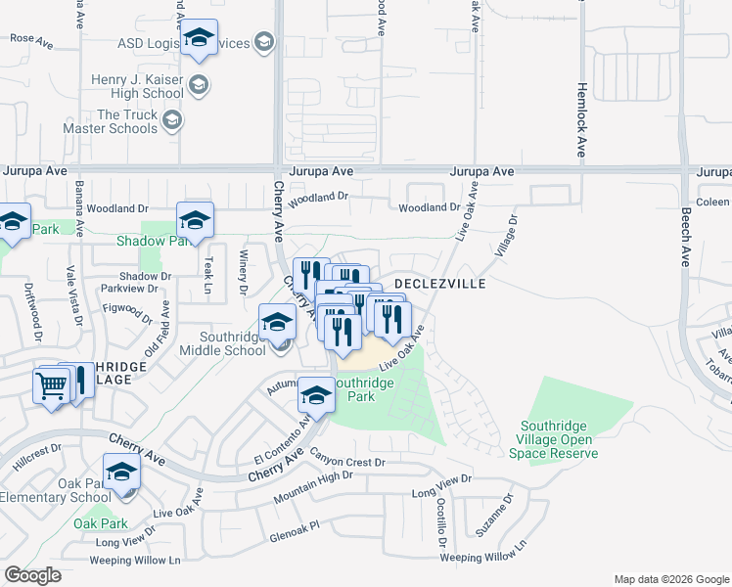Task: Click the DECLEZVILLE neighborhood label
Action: click(439, 283)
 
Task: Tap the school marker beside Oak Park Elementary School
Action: click(122, 474)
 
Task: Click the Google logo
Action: click(33, 575)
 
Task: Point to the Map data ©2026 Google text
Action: click(670, 579)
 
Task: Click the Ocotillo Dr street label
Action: click(442, 525)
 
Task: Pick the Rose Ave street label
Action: click(30, 40)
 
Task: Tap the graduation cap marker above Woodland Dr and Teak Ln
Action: click(195, 222)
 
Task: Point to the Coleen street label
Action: click(713, 203)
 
